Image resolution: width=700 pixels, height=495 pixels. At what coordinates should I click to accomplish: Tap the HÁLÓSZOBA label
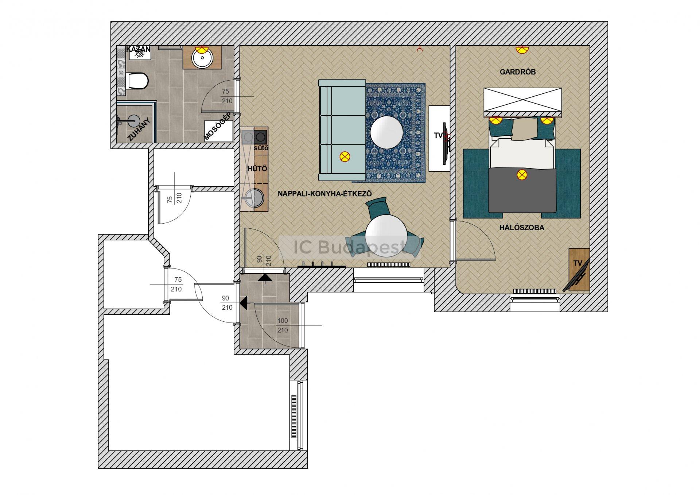click(522, 228)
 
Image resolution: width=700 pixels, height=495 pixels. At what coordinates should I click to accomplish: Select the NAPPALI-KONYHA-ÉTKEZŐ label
click(325, 193)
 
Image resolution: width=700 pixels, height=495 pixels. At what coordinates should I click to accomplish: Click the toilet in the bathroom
click(137, 81)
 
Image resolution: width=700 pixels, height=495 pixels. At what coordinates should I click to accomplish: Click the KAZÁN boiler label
click(138, 49)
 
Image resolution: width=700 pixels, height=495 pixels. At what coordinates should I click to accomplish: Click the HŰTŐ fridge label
click(257, 169)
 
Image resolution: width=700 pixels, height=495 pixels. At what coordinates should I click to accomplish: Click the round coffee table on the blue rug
click(387, 132)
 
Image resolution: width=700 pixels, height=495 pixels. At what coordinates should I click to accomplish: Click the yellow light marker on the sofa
click(345, 157)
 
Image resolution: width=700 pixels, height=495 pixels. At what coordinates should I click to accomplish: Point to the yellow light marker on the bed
click(522, 175)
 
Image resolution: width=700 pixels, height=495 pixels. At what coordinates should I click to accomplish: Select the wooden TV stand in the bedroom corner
click(579, 270)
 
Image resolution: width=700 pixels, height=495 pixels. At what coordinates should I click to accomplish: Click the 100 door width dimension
click(283, 321)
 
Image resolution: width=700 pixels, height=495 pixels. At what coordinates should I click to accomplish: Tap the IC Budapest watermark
click(350, 248)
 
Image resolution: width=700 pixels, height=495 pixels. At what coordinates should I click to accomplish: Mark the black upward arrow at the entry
click(265, 278)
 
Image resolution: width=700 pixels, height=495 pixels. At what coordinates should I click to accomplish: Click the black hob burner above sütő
click(261, 137)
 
